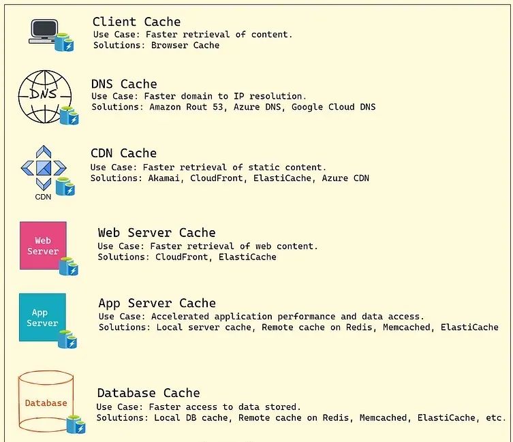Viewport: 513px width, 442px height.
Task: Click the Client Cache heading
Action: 136,22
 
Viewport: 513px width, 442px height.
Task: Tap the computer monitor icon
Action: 44,31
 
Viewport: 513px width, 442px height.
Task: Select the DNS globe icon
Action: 45,97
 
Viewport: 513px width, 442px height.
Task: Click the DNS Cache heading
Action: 124,84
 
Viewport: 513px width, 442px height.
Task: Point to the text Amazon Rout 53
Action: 186,107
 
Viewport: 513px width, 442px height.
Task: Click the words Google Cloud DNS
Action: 333,107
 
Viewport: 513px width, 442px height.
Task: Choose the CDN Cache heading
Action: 124,153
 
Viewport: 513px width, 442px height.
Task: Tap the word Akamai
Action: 164,178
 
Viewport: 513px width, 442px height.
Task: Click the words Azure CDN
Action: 345,178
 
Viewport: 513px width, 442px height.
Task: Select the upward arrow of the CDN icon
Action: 44,151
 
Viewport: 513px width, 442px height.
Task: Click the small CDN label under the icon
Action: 43,197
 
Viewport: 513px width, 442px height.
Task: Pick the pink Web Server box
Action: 43,245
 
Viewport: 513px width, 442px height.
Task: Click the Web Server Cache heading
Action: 157,233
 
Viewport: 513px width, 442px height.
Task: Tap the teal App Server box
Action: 42,317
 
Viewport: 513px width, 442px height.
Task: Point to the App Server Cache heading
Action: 157,303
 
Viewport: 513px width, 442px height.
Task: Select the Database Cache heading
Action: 149,393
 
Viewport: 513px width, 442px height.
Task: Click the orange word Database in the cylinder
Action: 46,403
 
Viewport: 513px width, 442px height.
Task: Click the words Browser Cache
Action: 185,45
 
